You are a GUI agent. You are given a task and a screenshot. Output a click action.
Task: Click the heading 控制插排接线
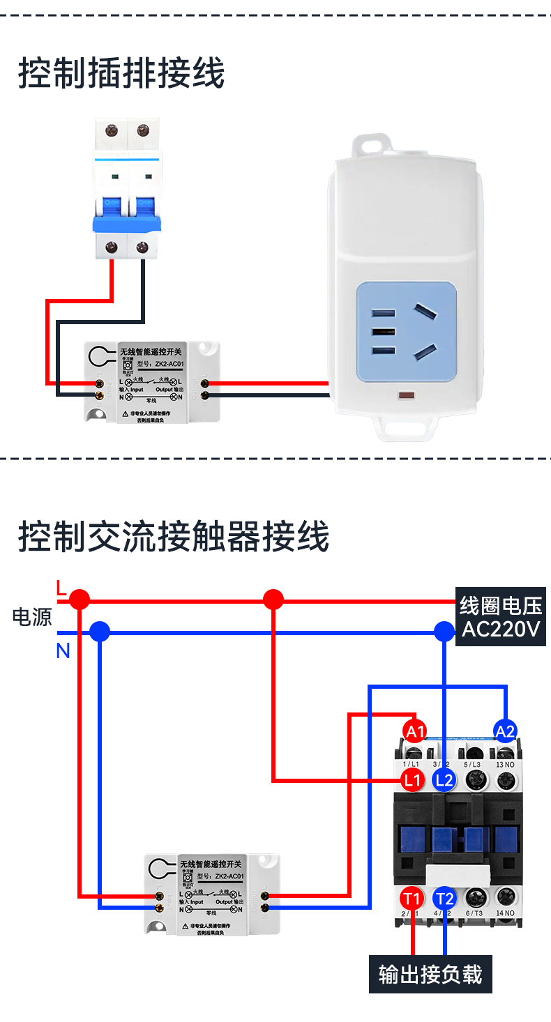coord(121,74)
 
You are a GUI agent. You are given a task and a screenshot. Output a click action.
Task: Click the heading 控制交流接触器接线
coord(173,537)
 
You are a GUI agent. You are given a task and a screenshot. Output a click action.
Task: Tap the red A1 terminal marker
coord(415,731)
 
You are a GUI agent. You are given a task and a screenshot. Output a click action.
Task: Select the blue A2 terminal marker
coord(505,731)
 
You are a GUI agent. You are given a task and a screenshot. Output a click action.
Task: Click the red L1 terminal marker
coord(413,780)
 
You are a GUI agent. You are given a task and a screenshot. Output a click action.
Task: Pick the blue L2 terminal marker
coord(444,780)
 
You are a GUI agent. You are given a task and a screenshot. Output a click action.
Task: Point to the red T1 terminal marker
coord(412,898)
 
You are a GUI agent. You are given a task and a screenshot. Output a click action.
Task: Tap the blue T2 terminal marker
coord(444,898)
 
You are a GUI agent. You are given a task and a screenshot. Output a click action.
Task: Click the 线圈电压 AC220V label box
coord(500,617)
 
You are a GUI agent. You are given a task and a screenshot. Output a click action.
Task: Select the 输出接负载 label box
coord(430,974)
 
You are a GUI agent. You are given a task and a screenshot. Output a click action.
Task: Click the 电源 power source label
coord(32,617)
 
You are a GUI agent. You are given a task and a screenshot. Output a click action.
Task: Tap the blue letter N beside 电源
coord(63,651)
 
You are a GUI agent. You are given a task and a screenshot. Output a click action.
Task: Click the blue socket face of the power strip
coord(406,332)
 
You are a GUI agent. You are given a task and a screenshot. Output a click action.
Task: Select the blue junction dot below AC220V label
coord(444,632)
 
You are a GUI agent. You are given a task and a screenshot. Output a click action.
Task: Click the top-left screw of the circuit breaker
coord(111,130)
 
